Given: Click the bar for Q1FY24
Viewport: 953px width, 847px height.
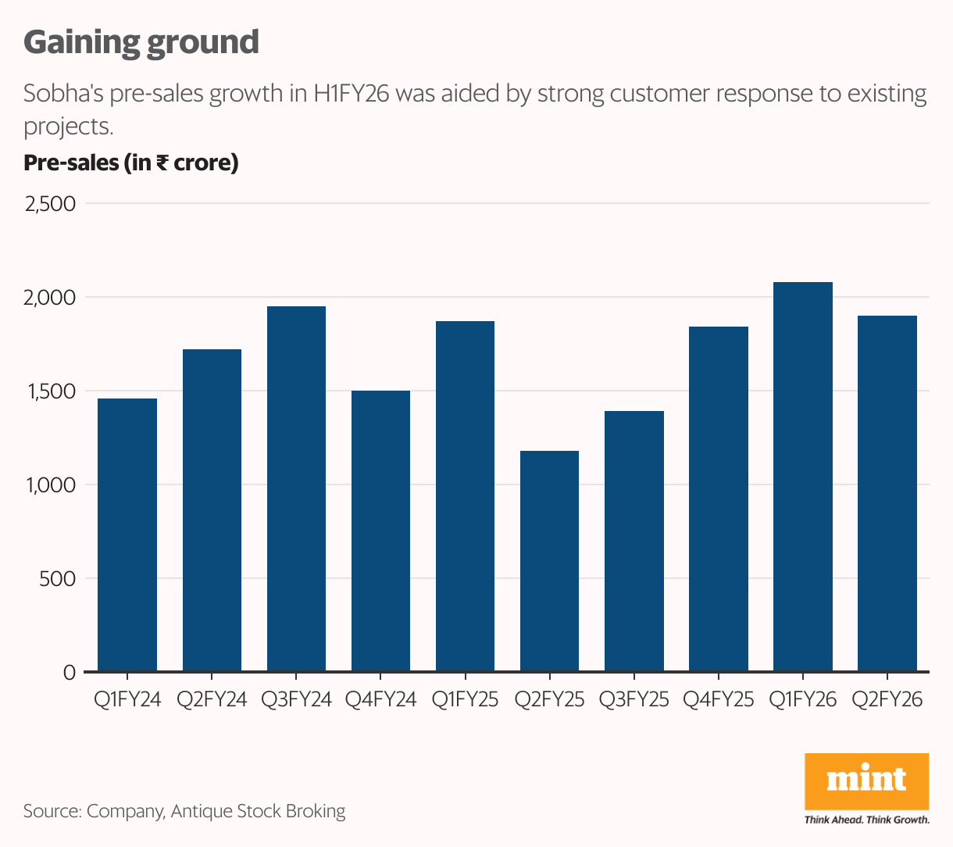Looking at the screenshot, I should (x=127, y=535).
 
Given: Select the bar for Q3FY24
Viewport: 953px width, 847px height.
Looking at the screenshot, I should (x=296, y=488).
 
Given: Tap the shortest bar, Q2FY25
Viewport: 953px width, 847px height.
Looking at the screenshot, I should (x=549, y=561).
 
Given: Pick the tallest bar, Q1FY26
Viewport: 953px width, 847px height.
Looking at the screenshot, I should (x=802, y=477).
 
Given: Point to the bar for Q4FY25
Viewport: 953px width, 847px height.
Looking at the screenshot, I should (x=718, y=499).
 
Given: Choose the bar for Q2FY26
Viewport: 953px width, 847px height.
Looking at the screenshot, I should (x=887, y=493).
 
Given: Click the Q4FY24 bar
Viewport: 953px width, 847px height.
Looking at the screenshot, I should (x=380, y=531).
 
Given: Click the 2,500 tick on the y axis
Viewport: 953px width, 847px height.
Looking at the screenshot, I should (x=51, y=204).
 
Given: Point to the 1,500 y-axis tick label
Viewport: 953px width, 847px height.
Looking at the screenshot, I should (x=51, y=391).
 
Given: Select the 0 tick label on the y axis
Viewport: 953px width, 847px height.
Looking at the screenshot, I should (x=69, y=673).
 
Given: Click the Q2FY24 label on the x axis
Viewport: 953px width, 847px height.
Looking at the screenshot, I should (x=212, y=699).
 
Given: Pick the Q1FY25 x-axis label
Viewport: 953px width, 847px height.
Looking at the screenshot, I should (x=465, y=699).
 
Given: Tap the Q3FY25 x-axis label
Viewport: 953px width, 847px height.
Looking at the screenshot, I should (x=634, y=699).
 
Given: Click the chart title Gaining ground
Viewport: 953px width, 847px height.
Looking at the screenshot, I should (x=141, y=42).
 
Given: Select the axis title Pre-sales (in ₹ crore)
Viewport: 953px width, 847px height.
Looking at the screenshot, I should (x=131, y=163).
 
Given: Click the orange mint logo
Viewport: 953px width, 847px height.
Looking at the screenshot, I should (x=866, y=781).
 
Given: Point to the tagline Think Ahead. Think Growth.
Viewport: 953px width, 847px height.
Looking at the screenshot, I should (x=866, y=820).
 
